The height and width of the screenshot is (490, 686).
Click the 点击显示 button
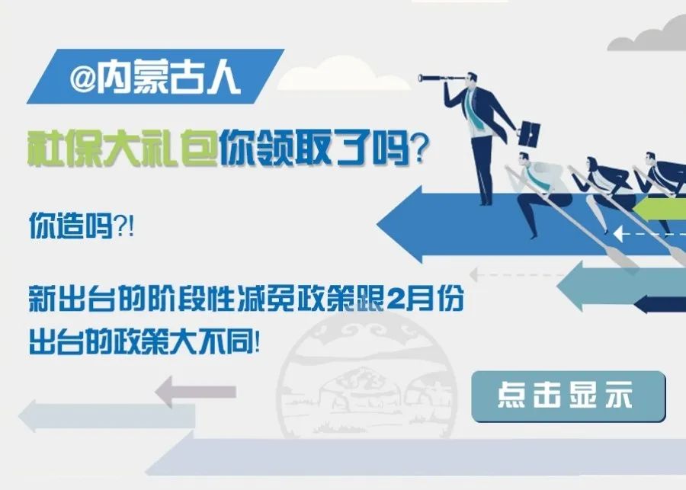(x=569, y=396)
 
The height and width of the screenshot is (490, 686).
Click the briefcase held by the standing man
(x=530, y=134)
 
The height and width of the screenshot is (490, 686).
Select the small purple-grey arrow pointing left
(x=196, y=392)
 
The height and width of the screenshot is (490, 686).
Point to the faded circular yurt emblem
(x=367, y=376)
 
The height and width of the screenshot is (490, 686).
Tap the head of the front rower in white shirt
(x=524, y=160)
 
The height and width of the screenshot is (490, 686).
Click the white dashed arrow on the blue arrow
(x=649, y=234)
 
